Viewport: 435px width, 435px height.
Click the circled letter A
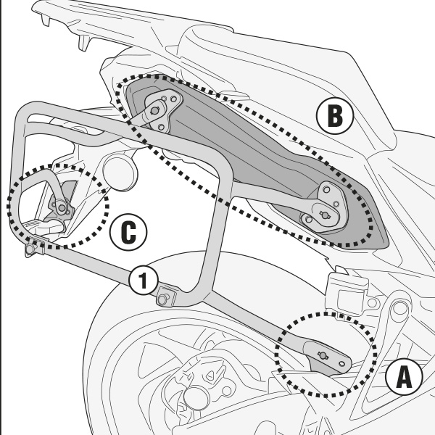tap(403, 378)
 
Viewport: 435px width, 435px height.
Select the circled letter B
tap(333, 116)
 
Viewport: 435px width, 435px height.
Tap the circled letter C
tap(128, 233)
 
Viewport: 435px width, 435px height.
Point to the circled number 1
tap(144, 281)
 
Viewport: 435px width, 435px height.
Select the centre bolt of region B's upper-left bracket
tap(155, 110)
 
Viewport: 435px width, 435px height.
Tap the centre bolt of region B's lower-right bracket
tap(324, 215)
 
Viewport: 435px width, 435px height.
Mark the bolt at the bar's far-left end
tap(30, 249)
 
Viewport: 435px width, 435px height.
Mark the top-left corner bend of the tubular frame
tap(28, 113)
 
